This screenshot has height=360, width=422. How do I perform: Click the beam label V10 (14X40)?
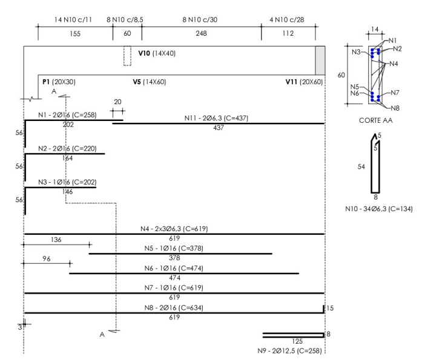[x=157, y=53]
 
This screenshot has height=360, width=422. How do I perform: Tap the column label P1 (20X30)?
[x=59, y=82]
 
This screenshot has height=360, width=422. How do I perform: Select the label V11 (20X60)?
[x=304, y=82]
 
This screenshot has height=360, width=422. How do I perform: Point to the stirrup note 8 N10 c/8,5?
[x=125, y=19]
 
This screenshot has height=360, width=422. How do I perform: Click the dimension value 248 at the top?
[x=201, y=33]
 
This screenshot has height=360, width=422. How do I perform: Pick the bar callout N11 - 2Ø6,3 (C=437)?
[x=216, y=118]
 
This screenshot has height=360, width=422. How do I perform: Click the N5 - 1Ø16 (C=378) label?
[x=174, y=248]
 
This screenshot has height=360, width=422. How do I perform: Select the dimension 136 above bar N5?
[x=56, y=240]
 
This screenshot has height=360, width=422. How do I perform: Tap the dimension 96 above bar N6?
[x=46, y=258]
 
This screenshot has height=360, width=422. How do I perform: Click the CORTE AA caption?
[x=376, y=120]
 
